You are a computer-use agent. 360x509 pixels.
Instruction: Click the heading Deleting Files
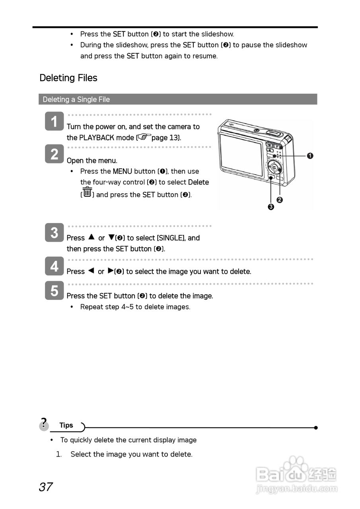[68, 78]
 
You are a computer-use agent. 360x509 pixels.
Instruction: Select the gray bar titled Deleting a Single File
[177, 99]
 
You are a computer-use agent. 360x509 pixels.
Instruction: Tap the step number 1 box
[54, 121]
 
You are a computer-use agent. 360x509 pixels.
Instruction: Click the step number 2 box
[54, 154]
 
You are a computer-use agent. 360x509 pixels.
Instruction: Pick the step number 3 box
[54, 233]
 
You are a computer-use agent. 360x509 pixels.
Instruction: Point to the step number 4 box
[54, 266]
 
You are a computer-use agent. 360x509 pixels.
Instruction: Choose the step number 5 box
[54, 291]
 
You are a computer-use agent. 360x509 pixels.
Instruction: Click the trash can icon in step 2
[88, 193]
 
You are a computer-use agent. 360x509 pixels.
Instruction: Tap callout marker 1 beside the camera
[310, 155]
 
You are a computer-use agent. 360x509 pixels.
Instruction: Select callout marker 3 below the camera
[271, 207]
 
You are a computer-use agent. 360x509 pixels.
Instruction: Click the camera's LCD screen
[241, 154]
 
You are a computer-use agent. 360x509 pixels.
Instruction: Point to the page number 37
[46, 487]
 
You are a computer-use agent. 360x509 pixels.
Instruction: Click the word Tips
[66, 425]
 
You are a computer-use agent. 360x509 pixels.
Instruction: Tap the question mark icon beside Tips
[44, 424]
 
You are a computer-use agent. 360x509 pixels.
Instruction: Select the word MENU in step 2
[122, 171]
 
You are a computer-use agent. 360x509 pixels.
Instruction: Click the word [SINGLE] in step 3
[171, 238]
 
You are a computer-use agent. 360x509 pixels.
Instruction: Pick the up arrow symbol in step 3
[91, 237]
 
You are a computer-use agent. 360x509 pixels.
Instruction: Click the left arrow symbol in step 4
[91, 271]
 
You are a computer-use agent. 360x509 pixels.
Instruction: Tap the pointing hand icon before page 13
[144, 137]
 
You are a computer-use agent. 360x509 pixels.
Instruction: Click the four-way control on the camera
[275, 168]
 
